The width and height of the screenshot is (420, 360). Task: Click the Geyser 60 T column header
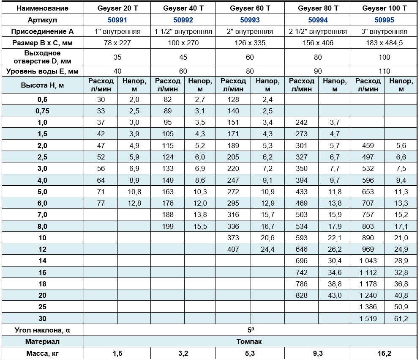click(x=250, y=8)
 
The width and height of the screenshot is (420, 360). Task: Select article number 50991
click(x=117, y=19)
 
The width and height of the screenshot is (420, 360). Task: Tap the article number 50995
click(x=385, y=19)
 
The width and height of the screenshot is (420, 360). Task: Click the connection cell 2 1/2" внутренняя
click(x=318, y=31)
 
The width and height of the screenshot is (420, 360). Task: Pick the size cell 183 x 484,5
click(x=385, y=43)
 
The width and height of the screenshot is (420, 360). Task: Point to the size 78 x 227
click(x=117, y=43)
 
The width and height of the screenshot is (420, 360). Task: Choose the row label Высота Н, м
click(x=42, y=85)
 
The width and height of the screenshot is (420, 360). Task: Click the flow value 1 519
click(x=368, y=319)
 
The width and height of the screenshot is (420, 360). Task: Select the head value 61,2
click(x=400, y=319)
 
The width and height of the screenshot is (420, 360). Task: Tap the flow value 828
click(x=302, y=295)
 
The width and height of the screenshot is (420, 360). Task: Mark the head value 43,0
click(x=334, y=295)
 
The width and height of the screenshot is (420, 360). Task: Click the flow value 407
click(x=233, y=249)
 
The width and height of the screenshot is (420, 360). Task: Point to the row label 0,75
click(x=42, y=111)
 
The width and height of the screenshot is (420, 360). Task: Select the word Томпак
click(x=250, y=341)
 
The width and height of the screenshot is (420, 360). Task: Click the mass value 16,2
click(x=385, y=353)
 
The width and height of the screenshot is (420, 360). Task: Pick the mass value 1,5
click(x=117, y=353)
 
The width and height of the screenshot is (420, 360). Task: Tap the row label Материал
click(x=42, y=341)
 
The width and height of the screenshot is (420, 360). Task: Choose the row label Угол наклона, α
click(x=42, y=330)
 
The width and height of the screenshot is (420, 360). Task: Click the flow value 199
click(x=167, y=226)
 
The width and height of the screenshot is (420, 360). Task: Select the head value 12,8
click(x=134, y=203)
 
